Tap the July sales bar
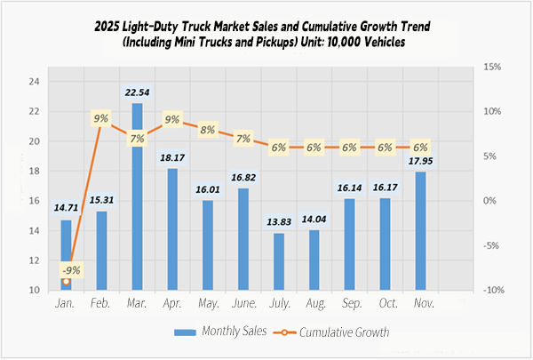pos(279,261)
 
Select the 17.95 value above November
pos(420,161)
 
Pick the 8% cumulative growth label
pos(208,130)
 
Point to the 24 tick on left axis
pos(34,82)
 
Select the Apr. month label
pos(172,304)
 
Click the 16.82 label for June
pos(243,178)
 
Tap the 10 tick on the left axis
pos(34,291)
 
